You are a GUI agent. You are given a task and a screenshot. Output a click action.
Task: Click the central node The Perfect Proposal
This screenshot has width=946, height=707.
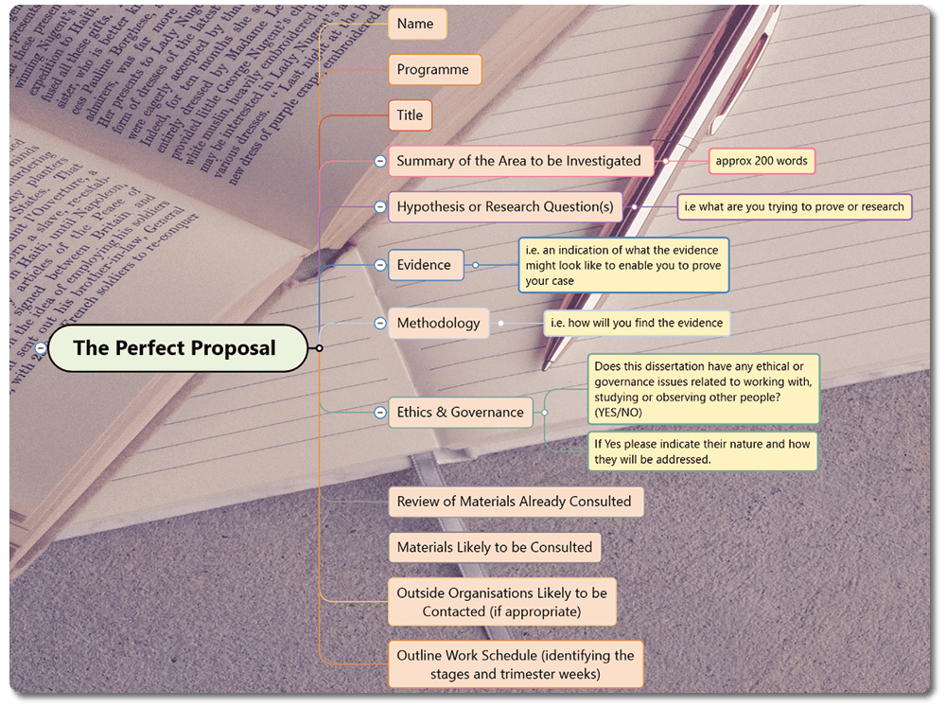point(177,348)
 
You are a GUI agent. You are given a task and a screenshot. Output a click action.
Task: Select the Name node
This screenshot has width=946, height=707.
point(416,24)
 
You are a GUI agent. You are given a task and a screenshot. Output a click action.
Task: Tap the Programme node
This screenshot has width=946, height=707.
point(433,69)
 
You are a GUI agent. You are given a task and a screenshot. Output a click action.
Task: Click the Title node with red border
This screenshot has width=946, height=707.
point(410,115)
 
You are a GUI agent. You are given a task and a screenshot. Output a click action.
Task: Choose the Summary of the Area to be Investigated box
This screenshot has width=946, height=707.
point(519,161)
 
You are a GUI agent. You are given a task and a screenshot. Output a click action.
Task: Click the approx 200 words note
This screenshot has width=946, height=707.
point(762,161)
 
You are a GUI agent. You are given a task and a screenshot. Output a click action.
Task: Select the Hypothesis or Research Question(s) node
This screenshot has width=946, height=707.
point(505,206)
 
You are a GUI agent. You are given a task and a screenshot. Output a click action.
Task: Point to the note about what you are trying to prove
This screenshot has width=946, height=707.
point(794,206)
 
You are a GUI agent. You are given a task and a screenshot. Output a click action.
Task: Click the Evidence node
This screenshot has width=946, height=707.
point(425,265)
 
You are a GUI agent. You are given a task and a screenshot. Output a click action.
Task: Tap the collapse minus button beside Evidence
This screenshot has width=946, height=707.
point(379,265)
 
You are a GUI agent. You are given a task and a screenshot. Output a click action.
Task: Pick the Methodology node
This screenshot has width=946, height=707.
point(438,323)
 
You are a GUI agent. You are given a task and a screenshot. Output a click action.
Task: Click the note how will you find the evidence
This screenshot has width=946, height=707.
point(636,323)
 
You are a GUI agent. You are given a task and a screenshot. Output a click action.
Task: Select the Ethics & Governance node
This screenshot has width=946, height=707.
point(460,412)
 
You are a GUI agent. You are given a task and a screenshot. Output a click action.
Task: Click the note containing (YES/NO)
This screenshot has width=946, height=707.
point(703,389)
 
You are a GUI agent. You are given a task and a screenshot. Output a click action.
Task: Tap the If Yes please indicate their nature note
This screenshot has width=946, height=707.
point(703,451)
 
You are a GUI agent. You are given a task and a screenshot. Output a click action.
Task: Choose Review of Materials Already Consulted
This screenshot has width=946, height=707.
point(515,502)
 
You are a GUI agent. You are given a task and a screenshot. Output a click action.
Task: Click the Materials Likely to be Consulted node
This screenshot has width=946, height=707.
point(495,547)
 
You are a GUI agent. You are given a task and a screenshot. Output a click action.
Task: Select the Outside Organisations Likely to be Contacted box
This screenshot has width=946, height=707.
point(502,602)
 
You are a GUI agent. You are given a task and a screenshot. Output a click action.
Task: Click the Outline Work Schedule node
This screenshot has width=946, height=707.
point(516,664)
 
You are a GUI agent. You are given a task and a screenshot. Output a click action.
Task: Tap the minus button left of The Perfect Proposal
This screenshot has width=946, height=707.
point(41,348)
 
